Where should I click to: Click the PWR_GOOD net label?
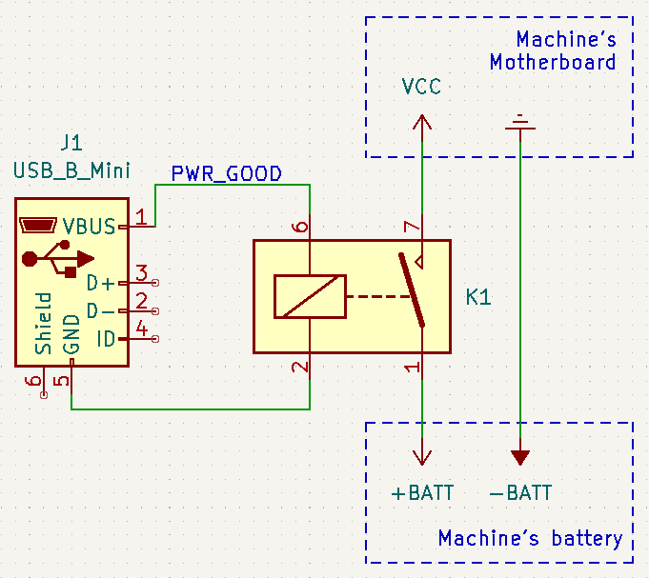click(226, 173)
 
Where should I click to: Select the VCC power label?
click(421, 88)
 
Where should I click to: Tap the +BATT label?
click(422, 493)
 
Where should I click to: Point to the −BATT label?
click(520, 493)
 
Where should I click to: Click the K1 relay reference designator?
click(478, 297)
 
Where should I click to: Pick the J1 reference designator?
click(71, 144)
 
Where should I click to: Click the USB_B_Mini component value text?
click(71, 170)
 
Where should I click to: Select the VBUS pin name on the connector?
click(89, 227)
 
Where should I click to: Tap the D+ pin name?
click(100, 283)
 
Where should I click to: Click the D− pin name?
click(100, 311)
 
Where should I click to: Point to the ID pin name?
click(107, 339)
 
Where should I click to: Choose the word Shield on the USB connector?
click(44, 324)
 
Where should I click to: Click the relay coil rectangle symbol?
click(310, 296)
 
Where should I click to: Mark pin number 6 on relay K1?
click(301, 227)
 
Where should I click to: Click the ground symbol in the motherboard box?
click(520, 121)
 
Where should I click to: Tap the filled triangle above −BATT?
click(520, 457)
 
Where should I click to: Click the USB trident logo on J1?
click(57, 257)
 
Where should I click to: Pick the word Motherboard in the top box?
click(553, 63)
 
